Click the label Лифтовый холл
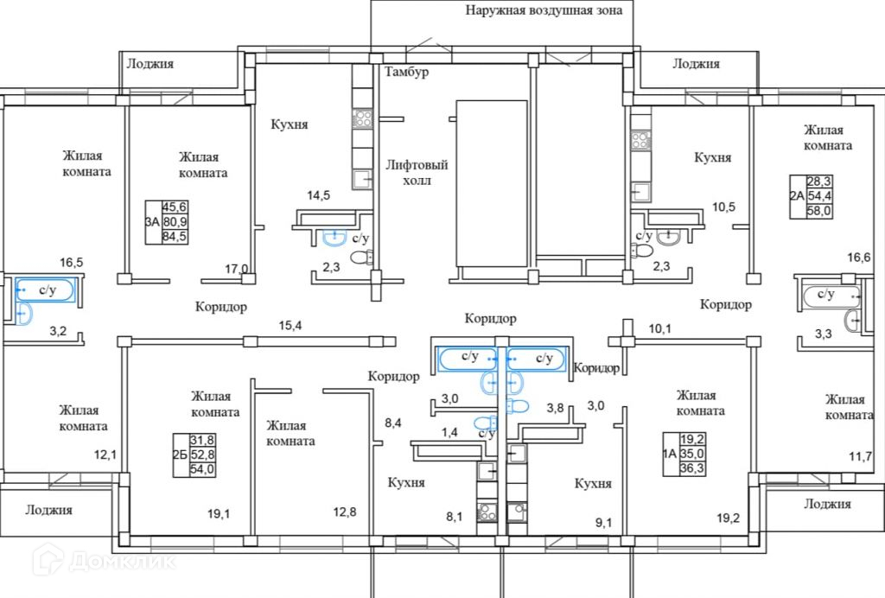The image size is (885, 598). point(417,173)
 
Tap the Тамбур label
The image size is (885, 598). point(406,72)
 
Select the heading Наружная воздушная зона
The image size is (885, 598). point(544,11)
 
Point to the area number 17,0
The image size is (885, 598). point(235,269)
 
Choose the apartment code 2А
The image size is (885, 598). point(797,195)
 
